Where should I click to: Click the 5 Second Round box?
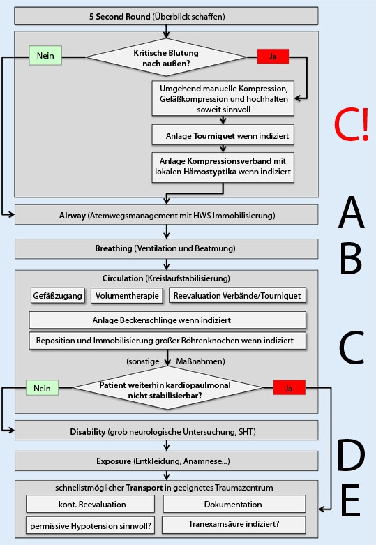pos(166,15)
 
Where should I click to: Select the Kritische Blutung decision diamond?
pos(165,57)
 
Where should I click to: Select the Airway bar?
pos(166,214)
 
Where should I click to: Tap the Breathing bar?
pos(166,248)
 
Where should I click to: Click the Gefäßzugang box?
pos(57,295)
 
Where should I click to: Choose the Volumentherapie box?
pos(126,295)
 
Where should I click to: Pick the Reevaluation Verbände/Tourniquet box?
pos(237,295)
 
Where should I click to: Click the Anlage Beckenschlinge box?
pos(167,320)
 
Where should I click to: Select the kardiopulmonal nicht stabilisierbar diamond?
pos(165,388)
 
